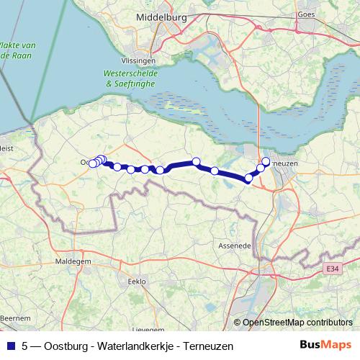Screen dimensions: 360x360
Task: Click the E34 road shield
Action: [332, 268]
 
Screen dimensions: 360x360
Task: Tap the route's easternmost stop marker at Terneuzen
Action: [266, 161]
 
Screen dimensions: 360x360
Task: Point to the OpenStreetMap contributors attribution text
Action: [297, 323]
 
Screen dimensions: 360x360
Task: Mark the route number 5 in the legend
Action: [25, 346]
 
